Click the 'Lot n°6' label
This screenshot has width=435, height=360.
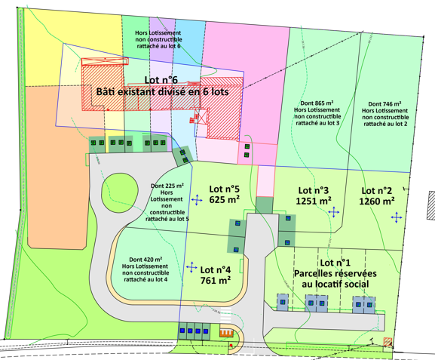(160, 79)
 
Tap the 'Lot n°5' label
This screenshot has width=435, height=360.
(225, 189)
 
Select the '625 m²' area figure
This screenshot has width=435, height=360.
(225, 200)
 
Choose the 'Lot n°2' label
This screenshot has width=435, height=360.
(378, 190)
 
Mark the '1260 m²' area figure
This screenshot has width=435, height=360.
(378, 202)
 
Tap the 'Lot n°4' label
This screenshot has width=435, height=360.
(215, 269)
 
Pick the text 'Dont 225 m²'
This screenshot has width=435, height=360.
(167, 186)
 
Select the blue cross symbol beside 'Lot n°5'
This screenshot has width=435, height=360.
(197, 200)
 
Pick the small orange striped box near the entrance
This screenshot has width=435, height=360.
(225, 331)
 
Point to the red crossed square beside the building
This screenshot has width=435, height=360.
(201, 117)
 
